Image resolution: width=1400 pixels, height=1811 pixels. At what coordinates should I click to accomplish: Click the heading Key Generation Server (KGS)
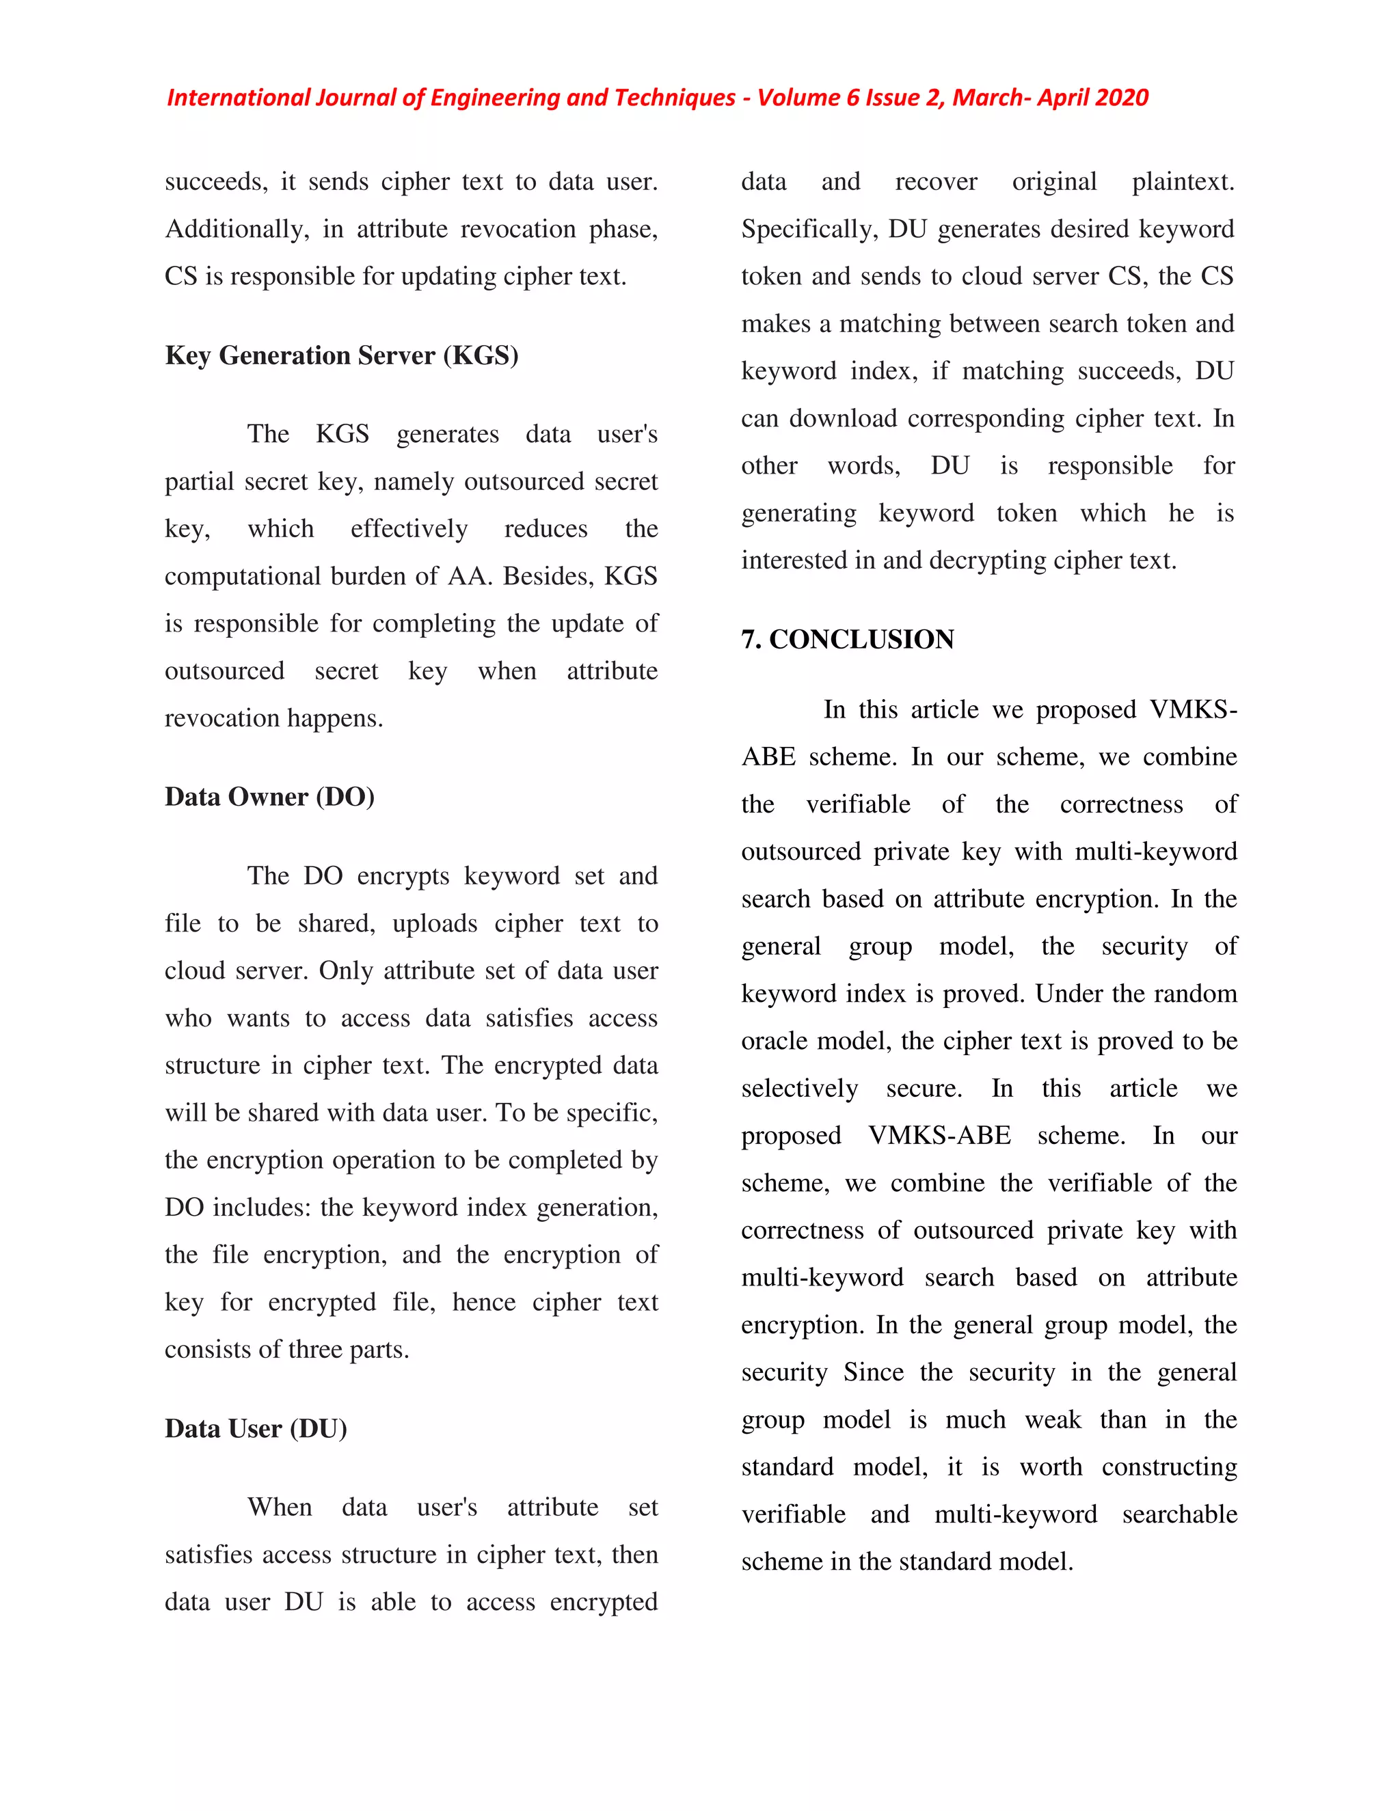342,356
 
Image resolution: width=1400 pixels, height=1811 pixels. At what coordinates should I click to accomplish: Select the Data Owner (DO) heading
269,797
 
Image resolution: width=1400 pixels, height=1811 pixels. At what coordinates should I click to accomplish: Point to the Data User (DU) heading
256,1429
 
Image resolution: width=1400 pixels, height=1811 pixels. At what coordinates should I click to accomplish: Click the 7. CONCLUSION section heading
847,640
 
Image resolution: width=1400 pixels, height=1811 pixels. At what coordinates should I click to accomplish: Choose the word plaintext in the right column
1183,182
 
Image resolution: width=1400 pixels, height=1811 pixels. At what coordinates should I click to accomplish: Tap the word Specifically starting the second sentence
809,229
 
